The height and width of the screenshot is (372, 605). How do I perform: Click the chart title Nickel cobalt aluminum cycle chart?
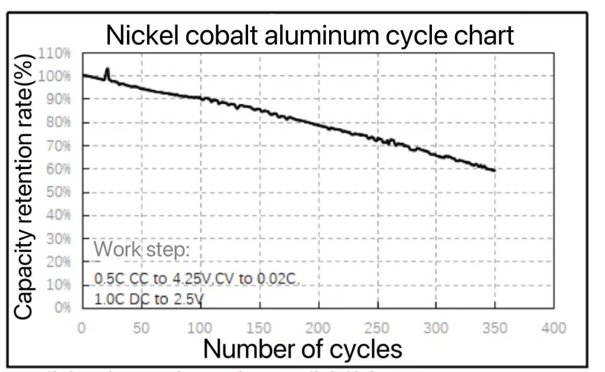click(x=310, y=35)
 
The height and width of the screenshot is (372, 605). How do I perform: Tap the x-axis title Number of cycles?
click(x=302, y=349)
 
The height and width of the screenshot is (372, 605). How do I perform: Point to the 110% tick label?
click(x=54, y=54)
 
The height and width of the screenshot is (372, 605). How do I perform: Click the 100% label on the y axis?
click(x=54, y=76)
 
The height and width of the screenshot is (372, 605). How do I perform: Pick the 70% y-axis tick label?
click(x=57, y=145)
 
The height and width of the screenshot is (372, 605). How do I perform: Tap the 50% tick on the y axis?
click(x=57, y=192)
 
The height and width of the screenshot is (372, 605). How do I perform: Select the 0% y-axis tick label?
click(x=62, y=308)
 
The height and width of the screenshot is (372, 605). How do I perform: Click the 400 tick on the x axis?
click(x=554, y=328)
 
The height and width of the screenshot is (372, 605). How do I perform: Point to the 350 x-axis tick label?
click(x=495, y=328)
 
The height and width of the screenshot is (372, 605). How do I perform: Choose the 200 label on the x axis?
click(x=318, y=328)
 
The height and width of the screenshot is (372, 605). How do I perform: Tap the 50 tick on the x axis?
click(x=141, y=328)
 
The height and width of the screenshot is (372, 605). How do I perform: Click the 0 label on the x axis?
click(x=82, y=328)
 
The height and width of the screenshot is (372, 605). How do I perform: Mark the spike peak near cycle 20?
click(x=107, y=69)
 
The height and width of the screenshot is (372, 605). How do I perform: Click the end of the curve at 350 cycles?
click(x=494, y=170)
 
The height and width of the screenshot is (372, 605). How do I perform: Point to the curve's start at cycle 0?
click(x=83, y=75)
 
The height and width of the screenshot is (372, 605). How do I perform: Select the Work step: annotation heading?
click(x=142, y=249)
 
